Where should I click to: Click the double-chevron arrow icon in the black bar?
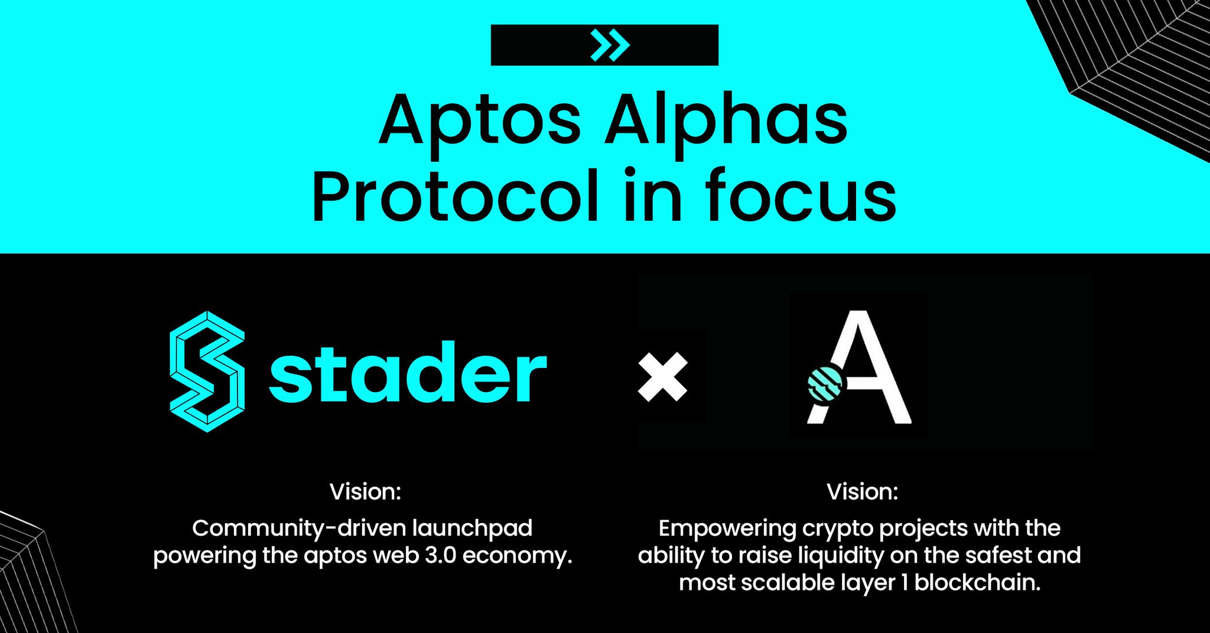coord(610,45)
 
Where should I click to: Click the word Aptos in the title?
coord(480,121)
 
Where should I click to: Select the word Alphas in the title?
coord(726,121)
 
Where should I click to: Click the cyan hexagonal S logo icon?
coord(207,371)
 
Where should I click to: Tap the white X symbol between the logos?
coord(663,377)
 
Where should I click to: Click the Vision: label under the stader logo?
coord(365,492)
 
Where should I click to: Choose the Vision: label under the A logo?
coord(862,492)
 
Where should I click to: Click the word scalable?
coord(786,583)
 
